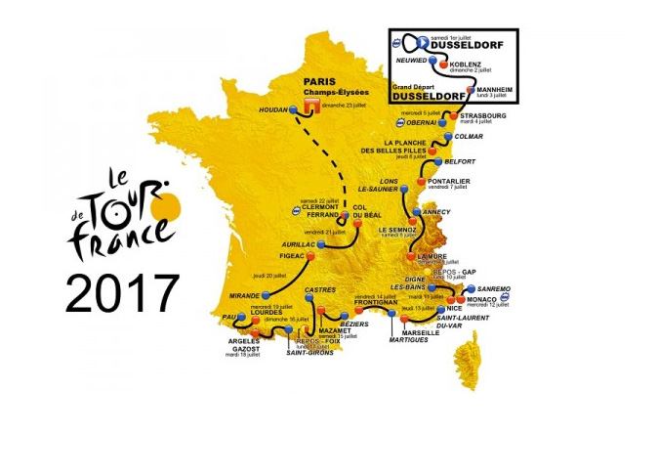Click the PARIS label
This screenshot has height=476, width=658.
[x=319, y=83]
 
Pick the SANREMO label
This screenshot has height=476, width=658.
[x=504, y=289]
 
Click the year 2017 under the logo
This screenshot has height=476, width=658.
[x=122, y=292]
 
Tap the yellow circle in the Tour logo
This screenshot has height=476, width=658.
[x=168, y=204]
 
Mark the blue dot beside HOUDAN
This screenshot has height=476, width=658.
[x=295, y=110]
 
